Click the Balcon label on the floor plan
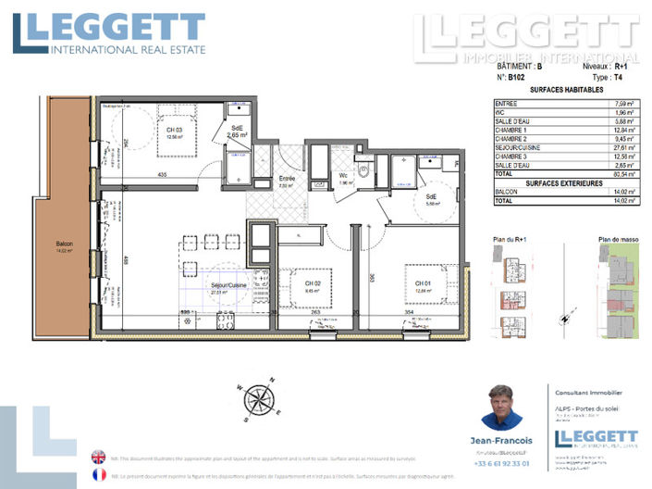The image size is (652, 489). (63, 246)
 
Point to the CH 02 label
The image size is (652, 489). (312, 283)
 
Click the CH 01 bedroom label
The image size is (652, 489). (424, 282)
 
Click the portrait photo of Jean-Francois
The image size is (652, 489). (502, 407)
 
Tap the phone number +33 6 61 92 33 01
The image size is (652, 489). (502, 463)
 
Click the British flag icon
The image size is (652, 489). (99, 457)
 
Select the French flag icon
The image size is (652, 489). (99, 475)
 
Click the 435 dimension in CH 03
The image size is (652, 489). (161, 175)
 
